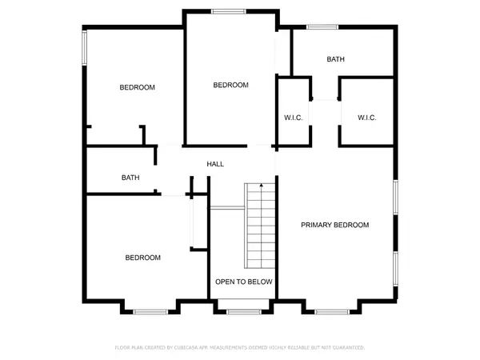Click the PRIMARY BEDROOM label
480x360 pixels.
click(334, 225)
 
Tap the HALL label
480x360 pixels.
click(215, 164)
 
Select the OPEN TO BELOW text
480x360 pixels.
click(244, 282)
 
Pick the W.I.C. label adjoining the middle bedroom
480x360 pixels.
click(293, 118)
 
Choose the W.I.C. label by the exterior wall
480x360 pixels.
click(366, 118)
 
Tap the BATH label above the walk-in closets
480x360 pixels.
click(335, 59)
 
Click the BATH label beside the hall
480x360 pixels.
click(130, 178)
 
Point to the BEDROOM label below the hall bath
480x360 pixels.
click(142, 258)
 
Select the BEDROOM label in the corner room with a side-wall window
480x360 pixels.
click(137, 87)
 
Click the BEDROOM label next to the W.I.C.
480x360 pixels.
click(230, 85)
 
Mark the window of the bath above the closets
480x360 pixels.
click(322, 28)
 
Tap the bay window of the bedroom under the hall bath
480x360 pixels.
click(150, 310)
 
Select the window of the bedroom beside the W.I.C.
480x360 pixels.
click(229, 11)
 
